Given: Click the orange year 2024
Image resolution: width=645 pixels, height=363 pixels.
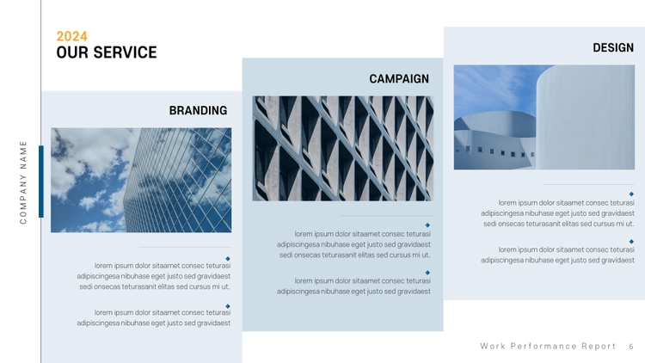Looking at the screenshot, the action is click(72, 36).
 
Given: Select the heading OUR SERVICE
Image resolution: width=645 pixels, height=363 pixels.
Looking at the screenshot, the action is click(107, 52).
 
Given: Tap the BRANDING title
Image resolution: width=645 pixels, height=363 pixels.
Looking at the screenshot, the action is click(199, 110).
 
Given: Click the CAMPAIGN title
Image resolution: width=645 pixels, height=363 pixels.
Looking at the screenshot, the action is click(399, 78).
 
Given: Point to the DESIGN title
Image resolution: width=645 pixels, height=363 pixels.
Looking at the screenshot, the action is click(613, 48).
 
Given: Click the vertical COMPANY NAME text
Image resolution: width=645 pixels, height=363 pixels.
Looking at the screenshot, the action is click(23, 182).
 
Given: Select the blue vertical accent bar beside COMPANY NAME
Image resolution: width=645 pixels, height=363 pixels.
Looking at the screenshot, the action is click(41, 181).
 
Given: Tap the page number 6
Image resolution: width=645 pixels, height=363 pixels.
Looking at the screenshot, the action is click(631, 347).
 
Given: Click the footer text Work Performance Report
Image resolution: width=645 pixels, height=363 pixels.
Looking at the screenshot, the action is click(548, 346).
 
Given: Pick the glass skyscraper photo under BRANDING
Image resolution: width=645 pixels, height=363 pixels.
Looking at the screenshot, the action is click(141, 181).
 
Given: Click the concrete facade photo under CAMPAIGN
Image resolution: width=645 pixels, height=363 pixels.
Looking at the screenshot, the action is click(342, 149).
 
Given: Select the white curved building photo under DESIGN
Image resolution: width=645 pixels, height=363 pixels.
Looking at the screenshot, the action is click(544, 117).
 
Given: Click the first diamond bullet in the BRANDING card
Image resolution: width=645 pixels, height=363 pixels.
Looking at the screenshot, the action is click(228, 258).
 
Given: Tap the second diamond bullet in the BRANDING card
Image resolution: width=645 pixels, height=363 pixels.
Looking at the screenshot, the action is click(228, 306).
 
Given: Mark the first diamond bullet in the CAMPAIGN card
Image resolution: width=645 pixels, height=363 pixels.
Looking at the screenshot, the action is click(427, 225).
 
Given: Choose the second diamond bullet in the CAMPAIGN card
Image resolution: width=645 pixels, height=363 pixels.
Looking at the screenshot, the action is click(427, 273).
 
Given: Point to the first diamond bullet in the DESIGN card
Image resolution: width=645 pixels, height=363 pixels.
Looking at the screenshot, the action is click(631, 194).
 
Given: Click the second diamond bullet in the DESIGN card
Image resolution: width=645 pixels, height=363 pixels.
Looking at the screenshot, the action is click(631, 242).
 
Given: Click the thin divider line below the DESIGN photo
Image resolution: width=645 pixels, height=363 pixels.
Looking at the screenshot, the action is click(588, 184).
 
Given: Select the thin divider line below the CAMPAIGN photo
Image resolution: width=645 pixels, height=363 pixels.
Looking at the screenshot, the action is click(387, 216).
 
